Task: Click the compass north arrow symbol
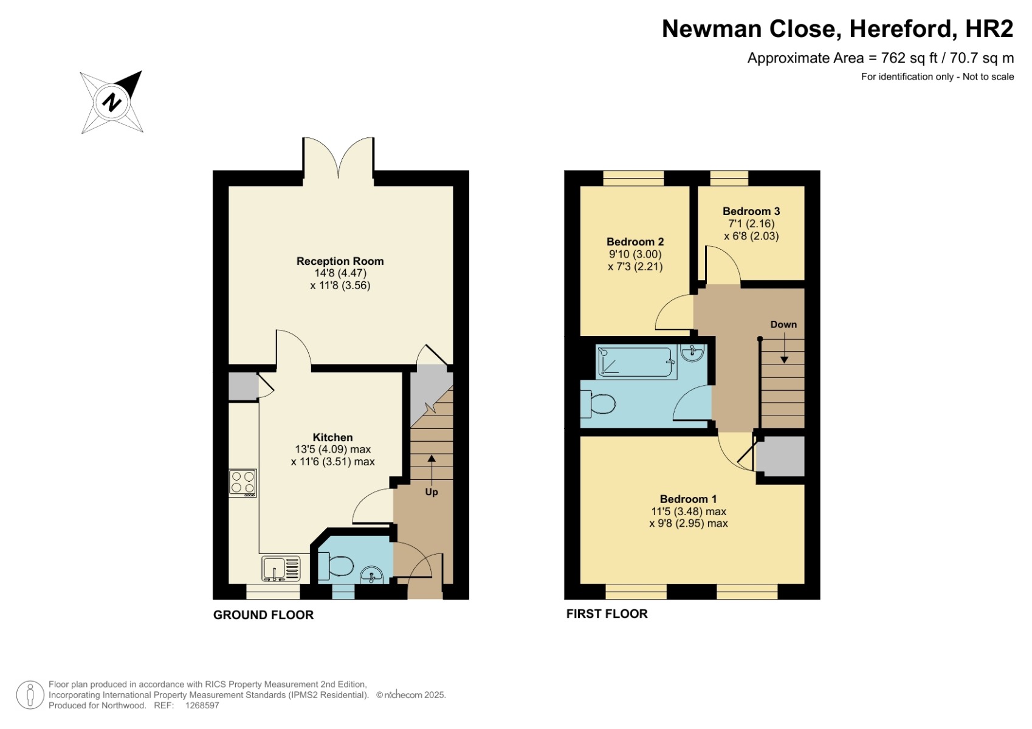[x=112, y=101]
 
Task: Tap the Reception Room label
[x=340, y=261]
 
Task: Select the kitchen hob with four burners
[x=243, y=483]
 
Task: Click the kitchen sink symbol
[x=281, y=569]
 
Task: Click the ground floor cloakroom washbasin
[x=371, y=575]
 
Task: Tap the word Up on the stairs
[x=431, y=492]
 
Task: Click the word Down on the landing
[x=783, y=324]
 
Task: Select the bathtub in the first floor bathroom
[x=636, y=362]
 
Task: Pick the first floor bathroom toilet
[x=599, y=404]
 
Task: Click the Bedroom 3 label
[x=751, y=211]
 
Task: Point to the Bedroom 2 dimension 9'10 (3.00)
[x=635, y=255]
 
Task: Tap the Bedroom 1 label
[x=688, y=499]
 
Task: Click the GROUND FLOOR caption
[x=263, y=615]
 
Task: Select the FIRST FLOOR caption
[x=607, y=614]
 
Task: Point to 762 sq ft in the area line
[x=909, y=58]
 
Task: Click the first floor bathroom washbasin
[x=692, y=353]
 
